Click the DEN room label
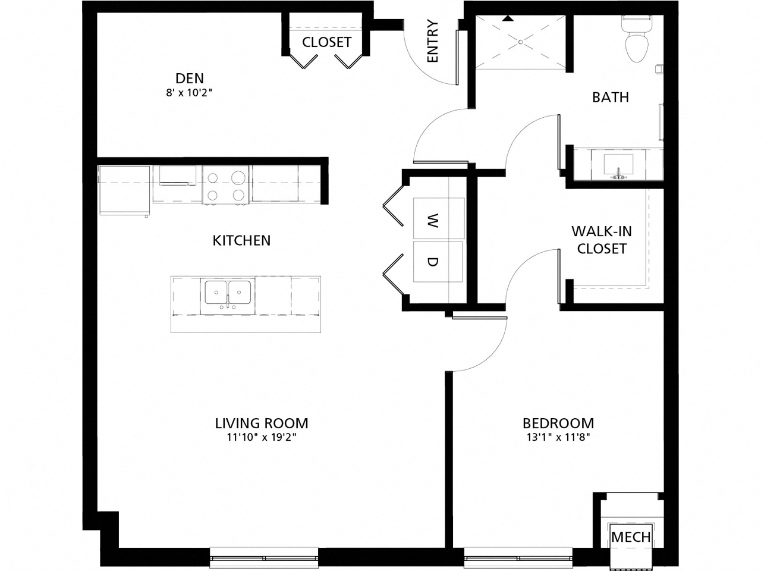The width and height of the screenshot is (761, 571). coord(189,78)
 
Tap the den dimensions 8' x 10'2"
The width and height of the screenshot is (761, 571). coord(189,93)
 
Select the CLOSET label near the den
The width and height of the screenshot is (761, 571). coord(326,42)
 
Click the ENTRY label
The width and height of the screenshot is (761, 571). coord(432,42)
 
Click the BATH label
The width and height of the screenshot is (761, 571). coord(610,97)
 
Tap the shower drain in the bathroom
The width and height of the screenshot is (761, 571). coord(520,42)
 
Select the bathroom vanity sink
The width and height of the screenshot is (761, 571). coord(619,165)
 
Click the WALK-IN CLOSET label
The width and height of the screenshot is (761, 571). coord(601,240)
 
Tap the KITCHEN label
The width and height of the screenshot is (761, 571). coord(241,240)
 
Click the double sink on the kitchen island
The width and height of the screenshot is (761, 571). coord(228,293)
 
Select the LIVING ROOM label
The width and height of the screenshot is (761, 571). coord(262,423)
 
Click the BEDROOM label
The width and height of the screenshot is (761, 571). coord(558,423)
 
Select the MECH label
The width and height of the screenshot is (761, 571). coord(631,537)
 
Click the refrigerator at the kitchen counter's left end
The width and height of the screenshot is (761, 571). coord(124,190)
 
